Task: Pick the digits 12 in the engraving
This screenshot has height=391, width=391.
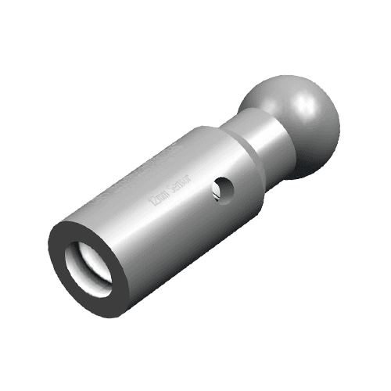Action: coord(155,207)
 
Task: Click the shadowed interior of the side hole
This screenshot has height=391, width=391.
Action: coord(224,188)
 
